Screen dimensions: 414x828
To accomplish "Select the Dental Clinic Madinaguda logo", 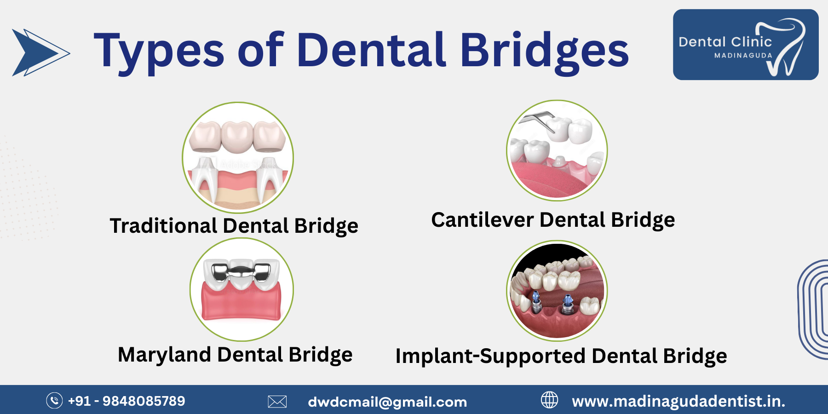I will coord(745,45).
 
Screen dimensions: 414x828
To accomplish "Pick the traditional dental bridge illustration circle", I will coord(238,157).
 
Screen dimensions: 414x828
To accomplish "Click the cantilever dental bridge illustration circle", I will coord(557,150).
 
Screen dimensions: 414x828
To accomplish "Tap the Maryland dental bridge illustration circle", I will coord(241,289).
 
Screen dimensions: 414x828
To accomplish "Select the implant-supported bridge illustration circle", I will coord(557,291).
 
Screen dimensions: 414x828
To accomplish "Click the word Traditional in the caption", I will coord(163,226).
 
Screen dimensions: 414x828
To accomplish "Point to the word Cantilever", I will coord(482,220).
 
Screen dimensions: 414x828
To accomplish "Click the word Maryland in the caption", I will coord(164,355).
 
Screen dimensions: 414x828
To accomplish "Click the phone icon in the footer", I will coord(54,401).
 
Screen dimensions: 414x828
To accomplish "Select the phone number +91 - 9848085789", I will coord(126,401).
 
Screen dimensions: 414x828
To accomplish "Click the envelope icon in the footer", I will coord(277,402).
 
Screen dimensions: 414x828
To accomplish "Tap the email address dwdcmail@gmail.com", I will coord(387,402).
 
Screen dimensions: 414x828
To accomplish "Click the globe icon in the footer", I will coord(549,400).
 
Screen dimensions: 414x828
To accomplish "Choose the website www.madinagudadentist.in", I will coord(678,402).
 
